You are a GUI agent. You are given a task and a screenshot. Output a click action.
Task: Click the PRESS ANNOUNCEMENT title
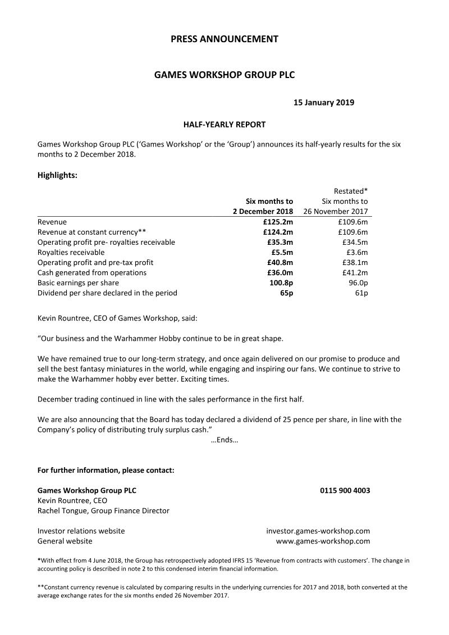point(224,39)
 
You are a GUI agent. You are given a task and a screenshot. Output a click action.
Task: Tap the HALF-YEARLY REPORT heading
point(224,124)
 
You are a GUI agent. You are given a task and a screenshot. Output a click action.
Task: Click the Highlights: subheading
point(57,175)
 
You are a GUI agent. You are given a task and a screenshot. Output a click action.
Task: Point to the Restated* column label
point(351,191)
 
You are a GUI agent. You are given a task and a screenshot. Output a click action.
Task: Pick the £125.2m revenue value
point(278,222)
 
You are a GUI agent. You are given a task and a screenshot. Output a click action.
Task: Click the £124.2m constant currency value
point(278,232)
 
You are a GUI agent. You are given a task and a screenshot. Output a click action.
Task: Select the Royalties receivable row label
point(71,252)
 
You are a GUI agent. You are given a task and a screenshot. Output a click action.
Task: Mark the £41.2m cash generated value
point(354,272)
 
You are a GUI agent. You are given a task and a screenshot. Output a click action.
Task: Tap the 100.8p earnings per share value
point(281,282)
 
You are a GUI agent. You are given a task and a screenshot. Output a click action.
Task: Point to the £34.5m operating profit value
point(354,242)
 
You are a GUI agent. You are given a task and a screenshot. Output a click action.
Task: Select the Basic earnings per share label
point(78,282)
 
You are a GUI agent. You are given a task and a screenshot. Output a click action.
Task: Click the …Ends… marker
point(224,440)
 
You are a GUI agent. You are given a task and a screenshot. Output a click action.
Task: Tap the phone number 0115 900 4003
point(345,490)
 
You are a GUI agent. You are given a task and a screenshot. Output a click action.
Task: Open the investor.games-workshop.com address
point(318,531)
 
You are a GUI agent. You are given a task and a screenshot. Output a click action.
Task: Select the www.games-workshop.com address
point(323,541)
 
